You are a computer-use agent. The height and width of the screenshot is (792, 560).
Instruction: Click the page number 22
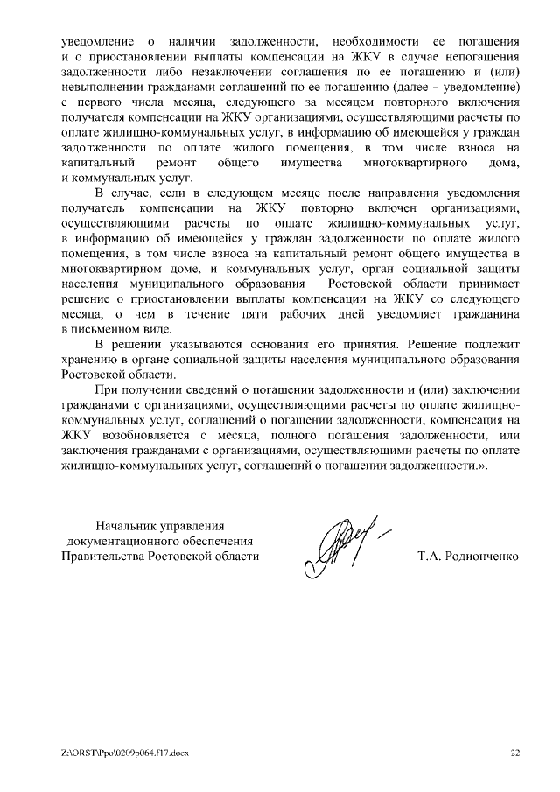(x=515, y=752)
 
